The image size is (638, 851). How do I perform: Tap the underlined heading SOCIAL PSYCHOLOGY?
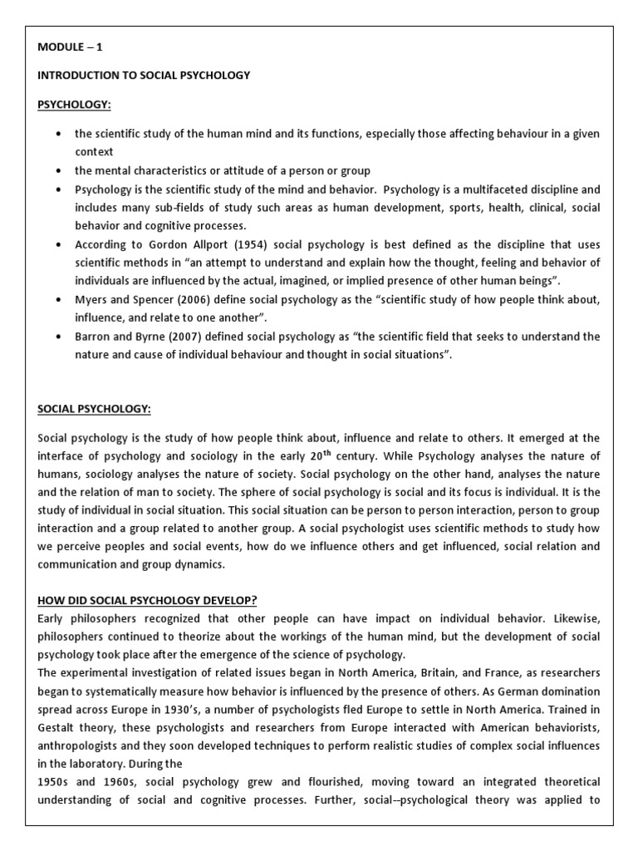click(x=94, y=409)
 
